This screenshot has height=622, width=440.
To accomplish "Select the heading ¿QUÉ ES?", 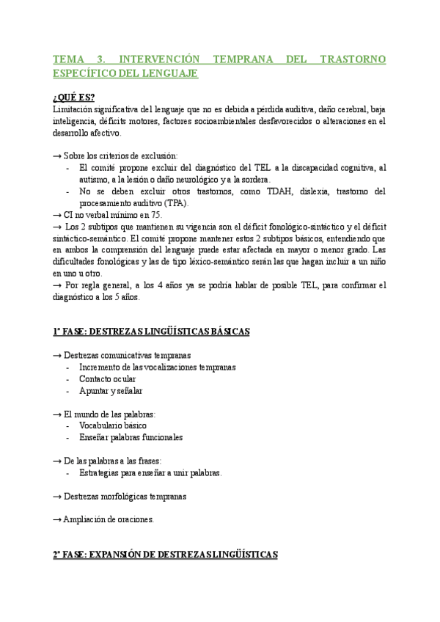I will coord(73,98).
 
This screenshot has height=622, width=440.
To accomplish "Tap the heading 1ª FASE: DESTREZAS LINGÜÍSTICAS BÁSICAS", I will coord(152,332).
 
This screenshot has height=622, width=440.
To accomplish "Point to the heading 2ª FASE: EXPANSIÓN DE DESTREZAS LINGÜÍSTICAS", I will coord(165,555).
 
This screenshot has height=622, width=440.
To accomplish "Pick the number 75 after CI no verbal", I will coord(155,215).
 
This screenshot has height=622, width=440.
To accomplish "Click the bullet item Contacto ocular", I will coord(107,378).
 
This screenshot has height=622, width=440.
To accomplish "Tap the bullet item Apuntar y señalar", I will coord(111,390).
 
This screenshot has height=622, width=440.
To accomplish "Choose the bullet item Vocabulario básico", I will coord(113,425).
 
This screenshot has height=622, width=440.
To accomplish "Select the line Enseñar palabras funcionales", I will coord(131,437).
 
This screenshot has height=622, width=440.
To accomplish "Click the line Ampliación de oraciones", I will coord(109,519).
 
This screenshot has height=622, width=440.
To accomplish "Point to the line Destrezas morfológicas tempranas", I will coord(125,496).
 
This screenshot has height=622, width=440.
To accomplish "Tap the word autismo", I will coord(95,180).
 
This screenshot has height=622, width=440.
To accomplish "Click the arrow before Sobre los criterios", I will coord(57,155).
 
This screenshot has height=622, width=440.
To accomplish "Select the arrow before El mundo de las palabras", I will coord(57,414).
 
